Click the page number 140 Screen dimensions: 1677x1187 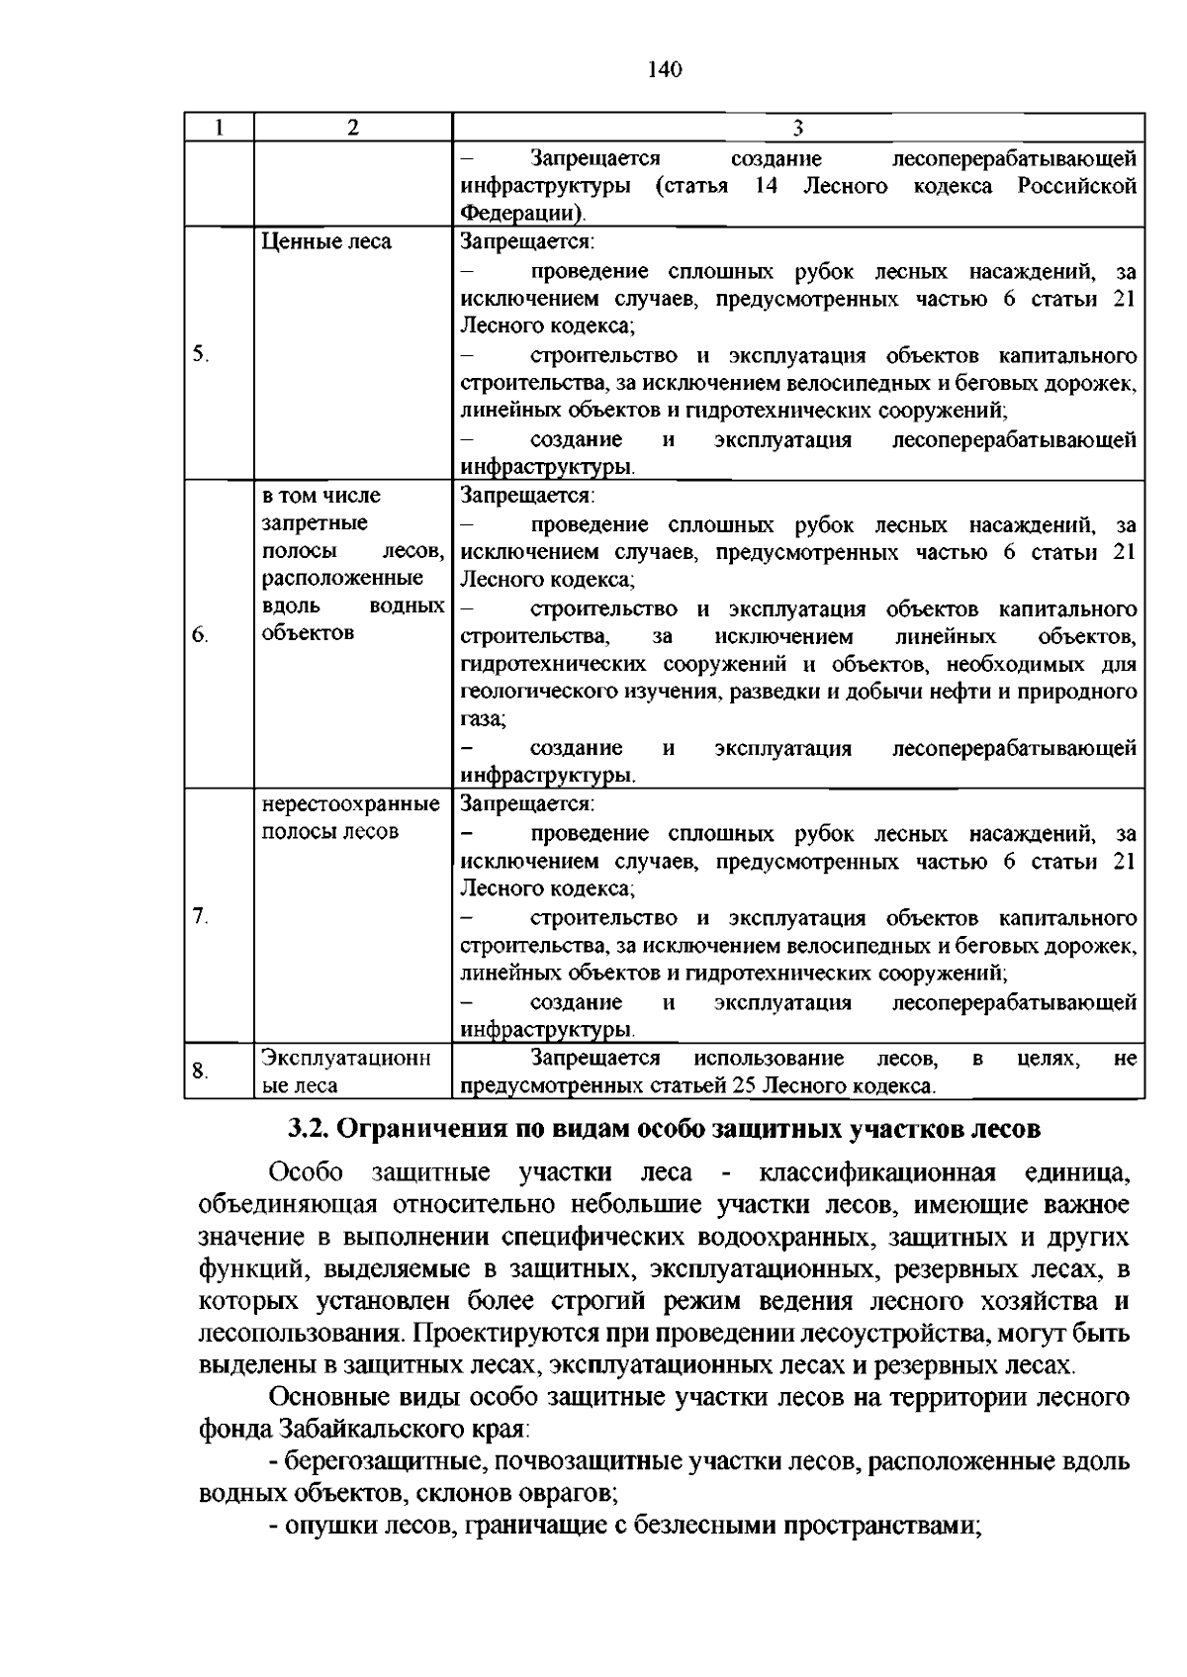[665, 69]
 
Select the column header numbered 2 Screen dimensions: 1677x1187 [352, 128]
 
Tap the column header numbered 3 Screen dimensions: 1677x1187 [797, 128]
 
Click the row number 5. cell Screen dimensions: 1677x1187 [201, 354]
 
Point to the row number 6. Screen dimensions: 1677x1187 [201, 634]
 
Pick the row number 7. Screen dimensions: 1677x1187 [201, 916]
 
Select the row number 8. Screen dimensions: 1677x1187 [201, 1070]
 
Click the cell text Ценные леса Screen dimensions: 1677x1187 [326, 242]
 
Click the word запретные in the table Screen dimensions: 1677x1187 [315, 522]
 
